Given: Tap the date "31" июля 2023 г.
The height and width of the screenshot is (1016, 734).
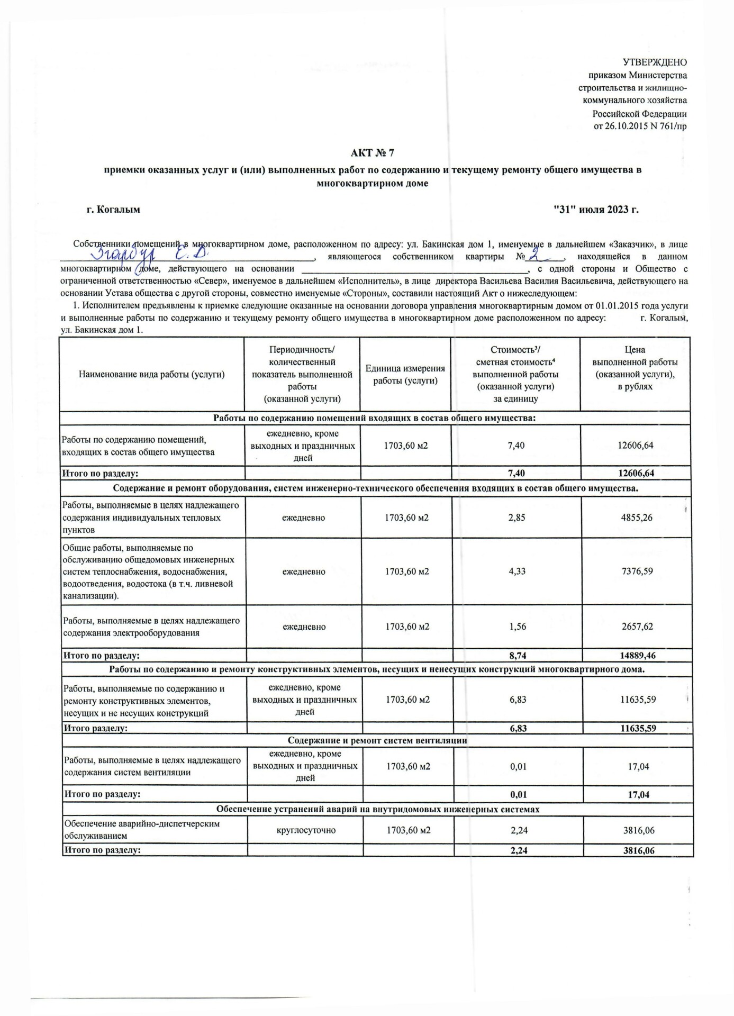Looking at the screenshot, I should click(x=596, y=210).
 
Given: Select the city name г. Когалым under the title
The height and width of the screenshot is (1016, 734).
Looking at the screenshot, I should click(x=113, y=210).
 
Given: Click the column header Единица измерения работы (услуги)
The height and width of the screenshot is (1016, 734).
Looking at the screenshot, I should click(x=405, y=374).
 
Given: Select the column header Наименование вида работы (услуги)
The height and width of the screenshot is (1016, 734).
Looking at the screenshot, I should click(x=152, y=374).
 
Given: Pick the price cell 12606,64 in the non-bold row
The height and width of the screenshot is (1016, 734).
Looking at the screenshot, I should click(x=635, y=445).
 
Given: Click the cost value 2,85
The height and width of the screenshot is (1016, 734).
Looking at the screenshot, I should click(x=516, y=518).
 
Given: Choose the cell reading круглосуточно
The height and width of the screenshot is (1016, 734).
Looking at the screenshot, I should click(x=305, y=830).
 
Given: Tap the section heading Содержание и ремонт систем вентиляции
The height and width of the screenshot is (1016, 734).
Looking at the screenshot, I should click(x=377, y=740).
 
